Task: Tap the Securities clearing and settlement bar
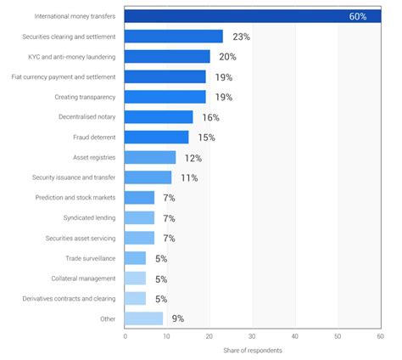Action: pyautogui.click(x=174, y=37)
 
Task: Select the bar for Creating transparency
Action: pyautogui.click(x=165, y=97)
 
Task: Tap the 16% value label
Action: pyautogui.click(x=210, y=117)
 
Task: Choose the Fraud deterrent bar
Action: pyautogui.click(x=157, y=138)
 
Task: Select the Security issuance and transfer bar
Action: pyautogui.click(x=148, y=177)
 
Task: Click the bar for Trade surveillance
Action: pyautogui.click(x=136, y=258)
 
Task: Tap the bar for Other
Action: pyautogui.click(x=144, y=318)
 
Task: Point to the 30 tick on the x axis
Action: pyautogui.click(x=253, y=336)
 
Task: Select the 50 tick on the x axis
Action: pyautogui.click(x=338, y=336)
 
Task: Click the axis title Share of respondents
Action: pyautogui.click(x=253, y=351)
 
